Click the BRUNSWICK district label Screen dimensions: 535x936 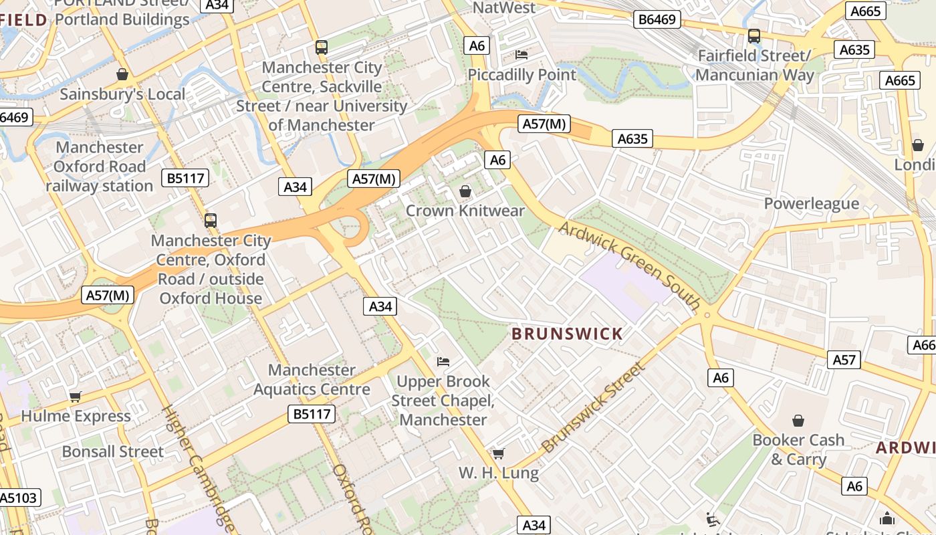pos(567,334)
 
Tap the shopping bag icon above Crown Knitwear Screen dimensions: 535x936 pos(465,192)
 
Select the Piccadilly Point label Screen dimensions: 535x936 pos(521,74)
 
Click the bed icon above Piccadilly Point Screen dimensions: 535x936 pos(521,54)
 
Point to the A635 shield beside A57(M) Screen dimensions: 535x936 pos(632,139)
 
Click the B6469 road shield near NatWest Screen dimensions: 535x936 pos(657,19)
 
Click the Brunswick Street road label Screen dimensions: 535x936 pos(594,407)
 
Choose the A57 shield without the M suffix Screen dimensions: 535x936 pos(844,360)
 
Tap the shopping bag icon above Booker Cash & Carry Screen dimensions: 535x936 pos(798,421)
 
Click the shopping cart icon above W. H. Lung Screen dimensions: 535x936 pos(498,453)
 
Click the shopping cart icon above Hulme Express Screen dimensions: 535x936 pos(76,397)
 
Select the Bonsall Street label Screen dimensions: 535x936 pos(112,451)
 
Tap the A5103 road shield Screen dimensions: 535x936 pos(19,498)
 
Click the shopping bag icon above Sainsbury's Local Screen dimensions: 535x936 pos(122,74)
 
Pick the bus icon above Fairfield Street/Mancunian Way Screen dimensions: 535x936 pos(754,35)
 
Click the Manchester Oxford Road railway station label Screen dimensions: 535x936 pos(100,167)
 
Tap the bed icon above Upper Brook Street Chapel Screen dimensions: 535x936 pos(443,362)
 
